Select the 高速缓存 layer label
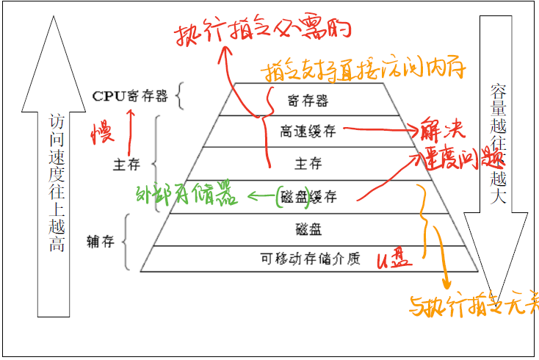point(308,132)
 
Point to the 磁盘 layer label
point(308,228)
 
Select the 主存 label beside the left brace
point(129,163)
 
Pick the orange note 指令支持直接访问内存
point(363,71)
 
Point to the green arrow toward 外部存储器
point(261,196)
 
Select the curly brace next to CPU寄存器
point(182,96)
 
